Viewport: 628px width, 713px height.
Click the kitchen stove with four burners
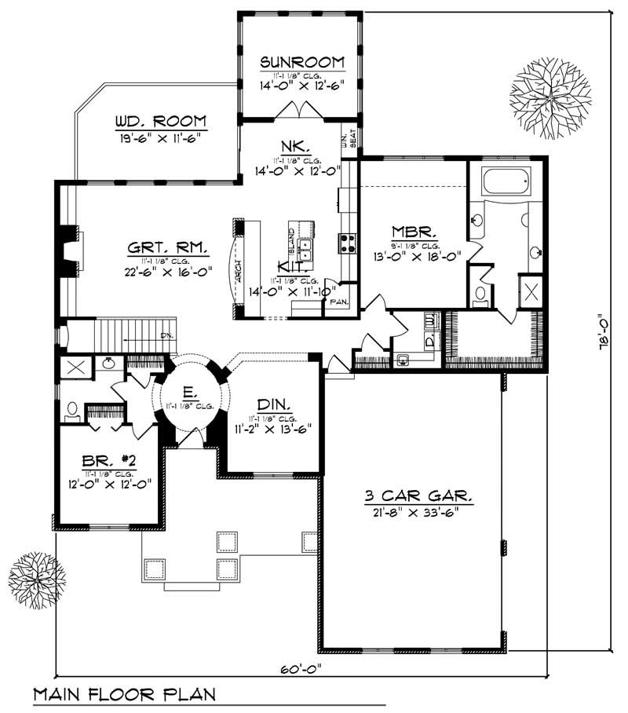[x=348, y=243]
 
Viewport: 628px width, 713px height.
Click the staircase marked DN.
[x=122, y=340]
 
